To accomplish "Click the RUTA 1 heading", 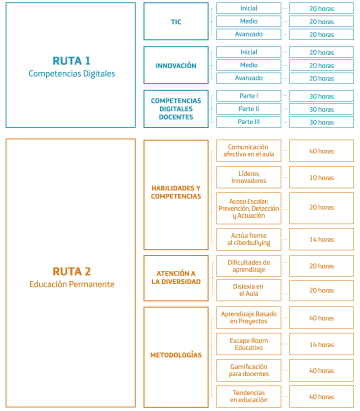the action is click(71, 61).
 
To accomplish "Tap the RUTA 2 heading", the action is click(71, 271).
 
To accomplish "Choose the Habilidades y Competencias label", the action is click(176, 192).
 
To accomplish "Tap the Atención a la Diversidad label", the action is click(176, 277).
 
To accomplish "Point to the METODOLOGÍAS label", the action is click(176, 355).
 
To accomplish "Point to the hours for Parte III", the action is click(321, 122).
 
